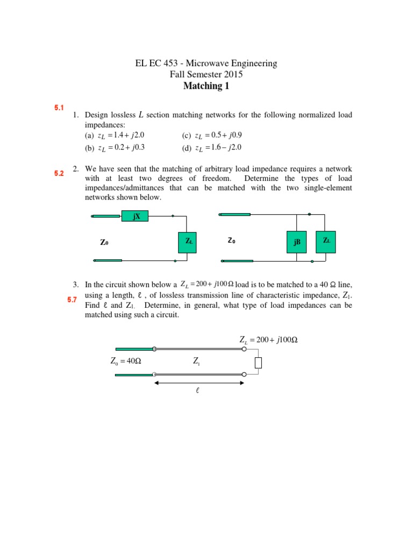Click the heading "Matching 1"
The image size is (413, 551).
coord(206,86)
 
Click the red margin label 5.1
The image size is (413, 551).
coord(59,108)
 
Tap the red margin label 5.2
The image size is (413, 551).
coord(59,174)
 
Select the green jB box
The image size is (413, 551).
coord(296,243)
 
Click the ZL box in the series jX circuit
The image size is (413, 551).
coord(189,242)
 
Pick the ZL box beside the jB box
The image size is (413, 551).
coord(326,241)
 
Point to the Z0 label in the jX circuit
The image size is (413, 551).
coord(104,243)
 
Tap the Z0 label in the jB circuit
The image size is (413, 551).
coord(231,241)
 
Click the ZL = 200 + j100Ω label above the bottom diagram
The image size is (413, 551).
coord(268,340)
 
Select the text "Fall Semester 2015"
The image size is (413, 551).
coord(206,75)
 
